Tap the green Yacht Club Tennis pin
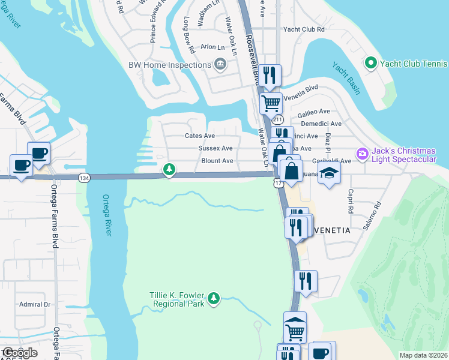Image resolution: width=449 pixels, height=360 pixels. [x=370, y=63]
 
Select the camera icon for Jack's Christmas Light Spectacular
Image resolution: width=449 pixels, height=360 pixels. [x=362, y=154]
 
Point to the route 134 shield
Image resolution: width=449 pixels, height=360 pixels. [x=84, y=178]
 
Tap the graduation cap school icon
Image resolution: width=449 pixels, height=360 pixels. [x=329, y=173]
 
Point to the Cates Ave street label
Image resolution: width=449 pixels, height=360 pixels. [x=200, y=136]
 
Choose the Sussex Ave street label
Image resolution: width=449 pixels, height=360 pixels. [x=216, y=148]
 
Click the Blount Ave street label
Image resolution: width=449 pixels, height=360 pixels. [x=217, y=161]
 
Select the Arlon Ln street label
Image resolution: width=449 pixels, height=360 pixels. [x=212, y=46]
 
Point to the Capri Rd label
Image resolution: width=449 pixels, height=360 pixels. [x=349, y=201]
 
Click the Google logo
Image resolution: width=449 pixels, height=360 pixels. [x=19, y=353]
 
